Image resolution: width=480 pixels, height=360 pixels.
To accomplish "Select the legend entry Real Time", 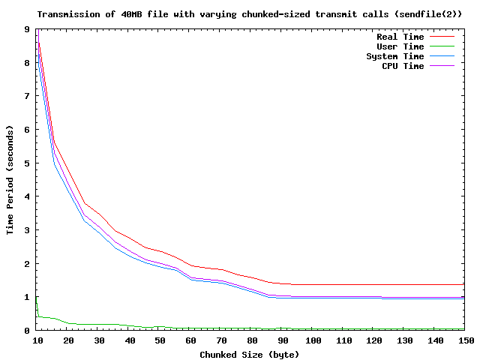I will tap(400, 37).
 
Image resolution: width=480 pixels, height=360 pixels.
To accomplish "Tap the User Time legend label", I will tap(400, 46).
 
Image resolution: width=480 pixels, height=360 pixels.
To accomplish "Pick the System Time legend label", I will tap(394, 56).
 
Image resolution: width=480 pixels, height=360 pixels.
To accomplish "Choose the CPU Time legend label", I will tap(403, 66).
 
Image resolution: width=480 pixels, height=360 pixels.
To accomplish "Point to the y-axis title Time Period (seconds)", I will tap(10, 179).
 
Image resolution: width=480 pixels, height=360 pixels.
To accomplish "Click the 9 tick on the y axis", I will tap(27, 29).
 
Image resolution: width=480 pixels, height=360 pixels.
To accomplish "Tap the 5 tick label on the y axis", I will tap(27, 163).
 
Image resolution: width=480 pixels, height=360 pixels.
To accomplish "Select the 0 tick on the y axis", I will tap(27, 330).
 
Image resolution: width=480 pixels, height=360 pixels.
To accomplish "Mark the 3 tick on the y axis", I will tap(27, 229).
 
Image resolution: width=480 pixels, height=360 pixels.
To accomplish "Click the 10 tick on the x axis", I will tap(37, 340).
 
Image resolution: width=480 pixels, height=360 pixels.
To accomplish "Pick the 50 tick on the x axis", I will tap(160, 340).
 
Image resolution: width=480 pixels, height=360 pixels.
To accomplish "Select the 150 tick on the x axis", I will tap(466, 340).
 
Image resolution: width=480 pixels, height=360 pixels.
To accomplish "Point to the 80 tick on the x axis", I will tap(252, 340).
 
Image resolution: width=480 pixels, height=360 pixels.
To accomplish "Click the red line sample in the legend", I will tap(442, 37).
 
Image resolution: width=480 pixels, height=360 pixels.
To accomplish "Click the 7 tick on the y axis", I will tap(27, 96).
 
